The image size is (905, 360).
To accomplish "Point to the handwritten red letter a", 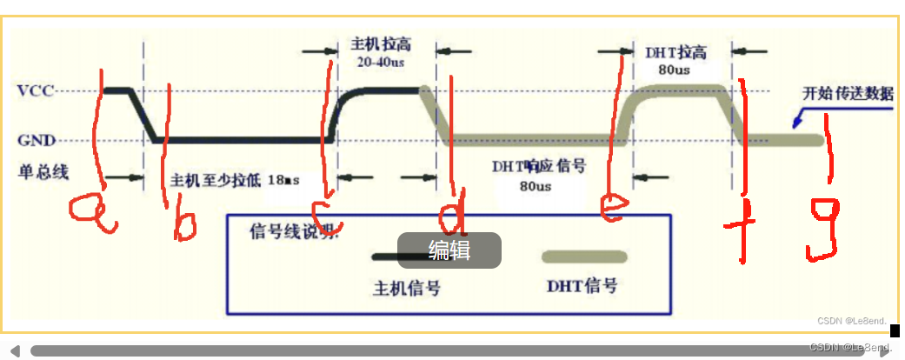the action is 94,214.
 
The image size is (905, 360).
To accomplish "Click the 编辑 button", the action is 449,250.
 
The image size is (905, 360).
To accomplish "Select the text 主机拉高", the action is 380,43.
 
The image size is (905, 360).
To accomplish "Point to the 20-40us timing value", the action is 381,63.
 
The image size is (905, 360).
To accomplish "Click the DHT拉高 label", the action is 675,51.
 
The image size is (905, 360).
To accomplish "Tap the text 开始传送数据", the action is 847,94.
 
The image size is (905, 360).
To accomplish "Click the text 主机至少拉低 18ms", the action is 235,180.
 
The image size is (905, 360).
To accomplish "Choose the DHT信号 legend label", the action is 582,284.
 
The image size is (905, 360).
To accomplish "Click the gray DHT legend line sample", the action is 584,257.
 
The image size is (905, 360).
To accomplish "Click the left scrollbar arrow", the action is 15,350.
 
